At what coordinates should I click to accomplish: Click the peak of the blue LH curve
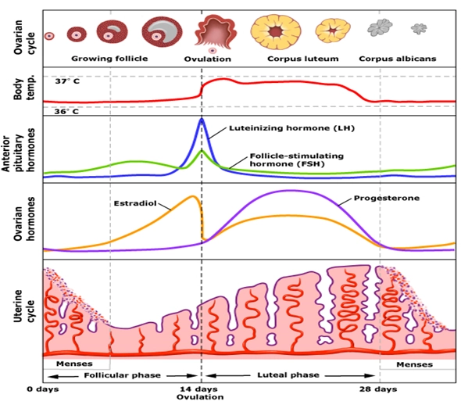coord(202,119)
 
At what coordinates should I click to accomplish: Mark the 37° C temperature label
coord(67,81)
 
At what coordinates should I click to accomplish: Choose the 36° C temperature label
coord(67,112)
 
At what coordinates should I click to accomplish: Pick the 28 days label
coord(378,389)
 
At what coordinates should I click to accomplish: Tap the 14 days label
coord(201,389)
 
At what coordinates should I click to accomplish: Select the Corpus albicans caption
coord(397,59)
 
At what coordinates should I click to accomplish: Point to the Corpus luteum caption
coord(298,59)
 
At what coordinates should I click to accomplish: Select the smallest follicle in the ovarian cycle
coord(49,35)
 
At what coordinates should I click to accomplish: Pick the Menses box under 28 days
coord(416,364)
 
